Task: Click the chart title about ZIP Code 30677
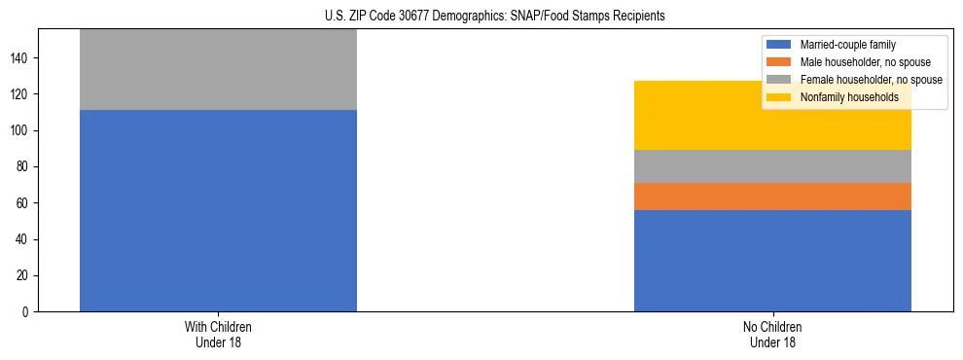coord(495,17)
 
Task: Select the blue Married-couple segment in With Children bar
coord(218,210)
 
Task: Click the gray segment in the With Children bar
coord(218,70)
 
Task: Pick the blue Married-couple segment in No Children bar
coord(772,261)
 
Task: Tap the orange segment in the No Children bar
coord(772,197)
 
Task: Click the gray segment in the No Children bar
coord(772,166)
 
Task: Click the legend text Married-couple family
coord(847,45)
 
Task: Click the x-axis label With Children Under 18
coord(218,334)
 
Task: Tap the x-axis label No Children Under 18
coord(772,334)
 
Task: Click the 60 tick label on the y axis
coord(25,203)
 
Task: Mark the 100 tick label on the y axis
coord(22,130)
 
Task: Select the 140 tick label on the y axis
coord(22,58)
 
